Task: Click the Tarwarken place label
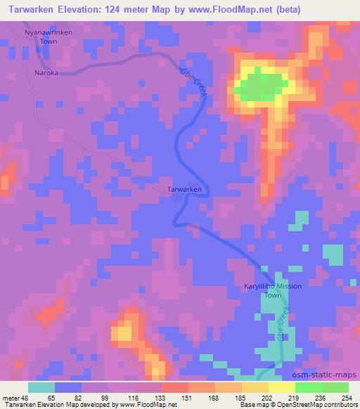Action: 186,190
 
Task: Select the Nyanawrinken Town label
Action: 49,37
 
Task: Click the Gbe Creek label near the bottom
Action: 284,325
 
